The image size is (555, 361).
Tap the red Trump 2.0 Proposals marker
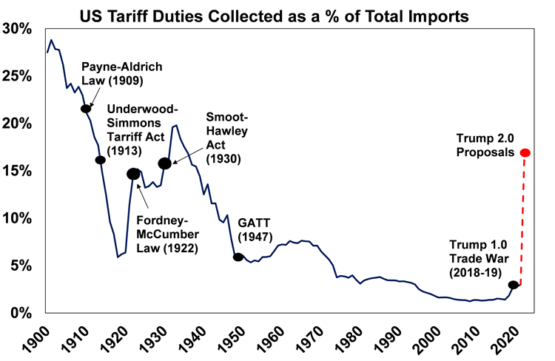point(525,153)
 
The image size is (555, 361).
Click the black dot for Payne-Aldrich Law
point(86,109)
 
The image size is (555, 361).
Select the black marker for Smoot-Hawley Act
point(165,163)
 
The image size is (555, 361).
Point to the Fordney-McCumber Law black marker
point(133,174)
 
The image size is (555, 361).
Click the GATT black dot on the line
point(238,257)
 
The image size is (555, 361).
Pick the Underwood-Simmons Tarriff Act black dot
point(101,160)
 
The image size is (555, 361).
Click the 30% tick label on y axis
point(18,29)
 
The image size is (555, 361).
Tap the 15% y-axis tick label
point(18,171)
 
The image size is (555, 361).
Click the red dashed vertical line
point(525,222)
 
